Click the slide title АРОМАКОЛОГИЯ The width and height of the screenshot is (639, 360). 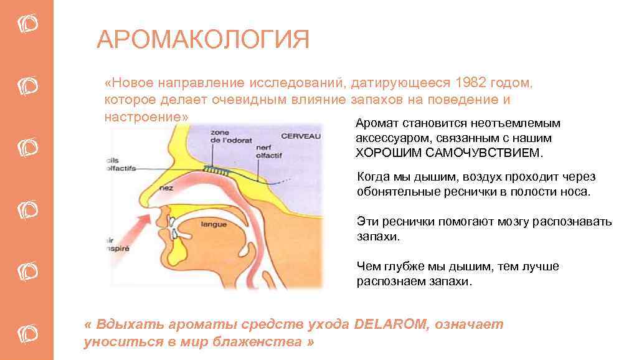[x=203, y=39]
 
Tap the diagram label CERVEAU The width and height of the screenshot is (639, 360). [x=301, y=136]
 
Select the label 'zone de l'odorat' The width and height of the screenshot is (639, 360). [x=231, y=136]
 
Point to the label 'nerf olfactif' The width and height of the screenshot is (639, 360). [x=268, y=152]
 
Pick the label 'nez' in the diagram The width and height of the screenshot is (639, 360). [x=166, y=187]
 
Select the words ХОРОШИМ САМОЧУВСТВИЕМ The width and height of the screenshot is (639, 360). [x=449, y=153]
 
